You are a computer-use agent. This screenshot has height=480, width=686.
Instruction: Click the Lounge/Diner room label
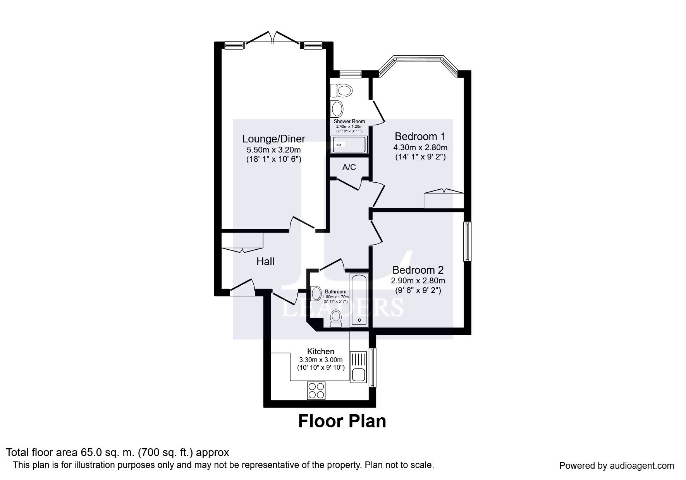click(x=273, y=139)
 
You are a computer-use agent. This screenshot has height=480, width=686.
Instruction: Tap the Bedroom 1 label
click(x=420, y=136)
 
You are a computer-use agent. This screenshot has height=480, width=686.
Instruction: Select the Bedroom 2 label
click(x=418, y=270)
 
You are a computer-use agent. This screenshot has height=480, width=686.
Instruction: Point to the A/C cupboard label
click(x=349, y=167)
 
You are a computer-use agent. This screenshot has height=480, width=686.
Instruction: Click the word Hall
click(x=265, y=262)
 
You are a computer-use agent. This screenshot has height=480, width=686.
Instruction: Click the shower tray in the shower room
click(x=348, y=145)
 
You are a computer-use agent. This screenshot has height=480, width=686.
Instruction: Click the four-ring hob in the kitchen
click(x=316, y=391)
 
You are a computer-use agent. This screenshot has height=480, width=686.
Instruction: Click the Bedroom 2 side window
click(x=468, y=241)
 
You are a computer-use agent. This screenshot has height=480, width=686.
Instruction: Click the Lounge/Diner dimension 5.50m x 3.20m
click(x=273, y=149)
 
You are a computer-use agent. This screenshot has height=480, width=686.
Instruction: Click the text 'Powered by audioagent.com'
click(x=616, y=466)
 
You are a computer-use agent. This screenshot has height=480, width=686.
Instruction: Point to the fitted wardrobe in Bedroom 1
click(x=444, y=199)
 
